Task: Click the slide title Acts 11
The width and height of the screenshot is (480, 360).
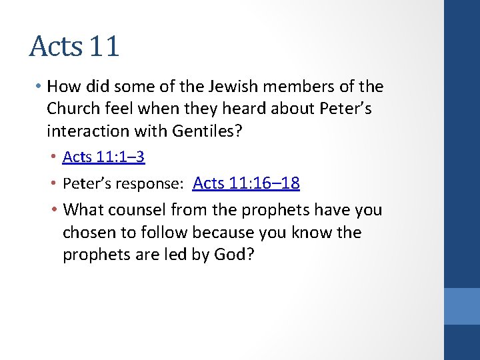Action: (75, 46)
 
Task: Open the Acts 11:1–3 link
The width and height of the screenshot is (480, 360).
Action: (103, 157)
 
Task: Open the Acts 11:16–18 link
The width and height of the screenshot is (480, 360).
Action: (246, 183)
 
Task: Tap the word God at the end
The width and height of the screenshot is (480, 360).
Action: (231, 255)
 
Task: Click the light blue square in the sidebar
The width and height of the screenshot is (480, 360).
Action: (462, 306)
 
